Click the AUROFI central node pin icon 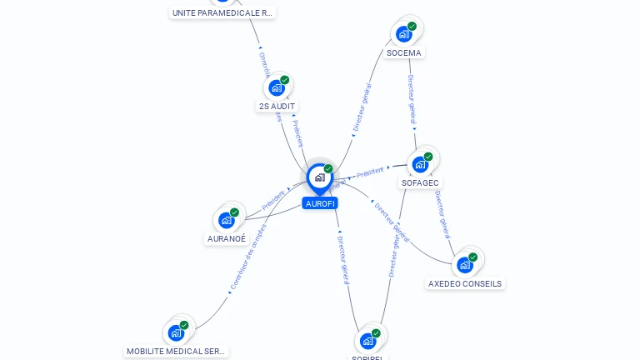319,177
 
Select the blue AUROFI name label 320,203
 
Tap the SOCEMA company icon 404,34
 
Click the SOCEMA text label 404,52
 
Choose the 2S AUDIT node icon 277,87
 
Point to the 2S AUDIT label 277,106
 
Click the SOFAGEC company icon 421,164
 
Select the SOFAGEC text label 421,182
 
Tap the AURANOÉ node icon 227,220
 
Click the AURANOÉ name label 227,238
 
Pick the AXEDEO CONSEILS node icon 465,265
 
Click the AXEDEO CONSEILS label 465,283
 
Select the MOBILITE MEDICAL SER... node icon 176,333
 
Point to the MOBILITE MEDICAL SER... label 176,352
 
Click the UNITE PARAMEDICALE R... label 222,12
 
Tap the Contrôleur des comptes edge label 247,257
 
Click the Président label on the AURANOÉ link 272,200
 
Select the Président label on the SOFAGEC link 370,172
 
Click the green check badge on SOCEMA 412,27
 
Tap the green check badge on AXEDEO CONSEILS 472,257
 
